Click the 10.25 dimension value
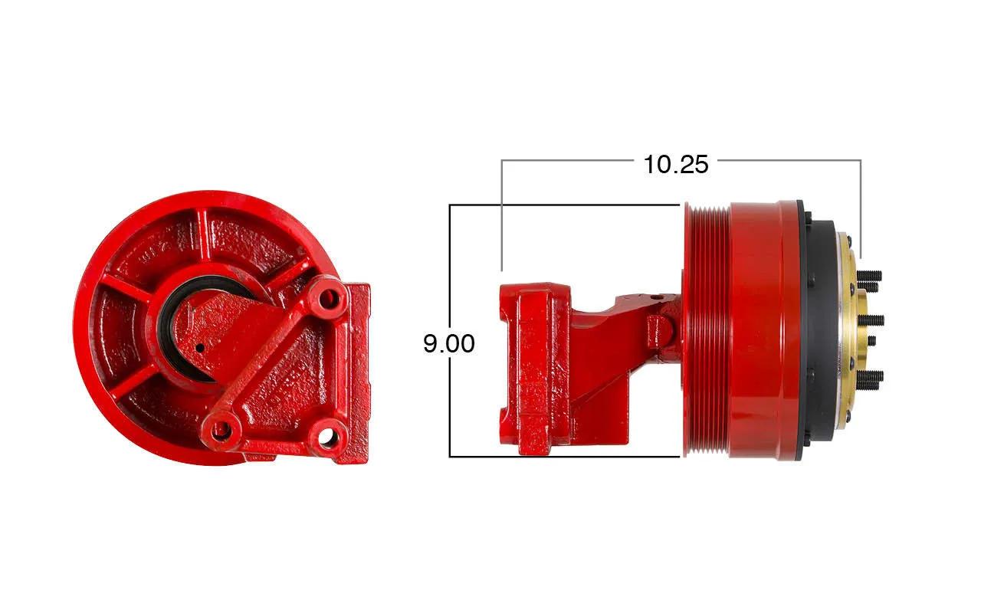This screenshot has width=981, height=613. [676, 165]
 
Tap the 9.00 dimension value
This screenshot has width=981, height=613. [449, 343]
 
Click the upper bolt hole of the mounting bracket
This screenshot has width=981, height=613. [330, 299]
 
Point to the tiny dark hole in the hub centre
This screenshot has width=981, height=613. [200, 348]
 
